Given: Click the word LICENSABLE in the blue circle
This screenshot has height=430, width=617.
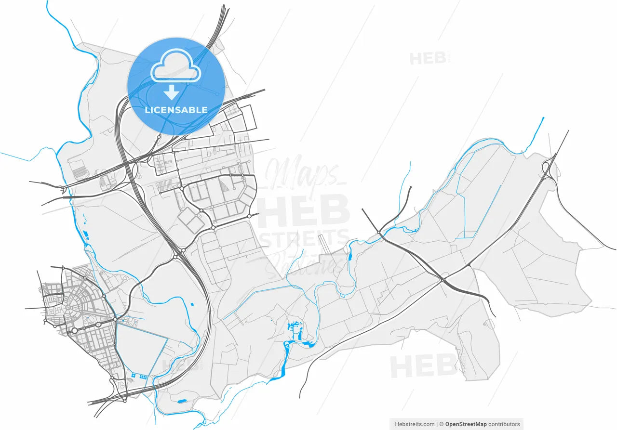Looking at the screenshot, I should pyautogui.click(x=176, y=110).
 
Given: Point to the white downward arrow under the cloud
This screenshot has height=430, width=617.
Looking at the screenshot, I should pyautogui.click(x=171, y=91).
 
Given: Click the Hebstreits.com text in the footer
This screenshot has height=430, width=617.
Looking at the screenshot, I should pyautogui.click(x=415, y=424).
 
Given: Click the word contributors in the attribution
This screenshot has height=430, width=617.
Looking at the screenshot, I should pyautogui.click(x=504, y=424).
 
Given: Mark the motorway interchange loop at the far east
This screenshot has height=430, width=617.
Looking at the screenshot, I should pyautogui.click(x=549, y=168).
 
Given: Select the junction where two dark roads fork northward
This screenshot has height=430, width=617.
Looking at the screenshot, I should pyautogui.click(x=380, y=234).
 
